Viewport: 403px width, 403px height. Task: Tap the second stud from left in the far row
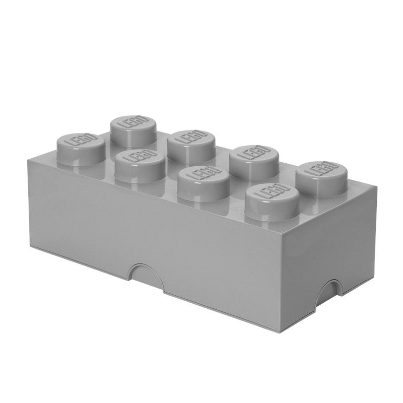click(191, 144)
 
